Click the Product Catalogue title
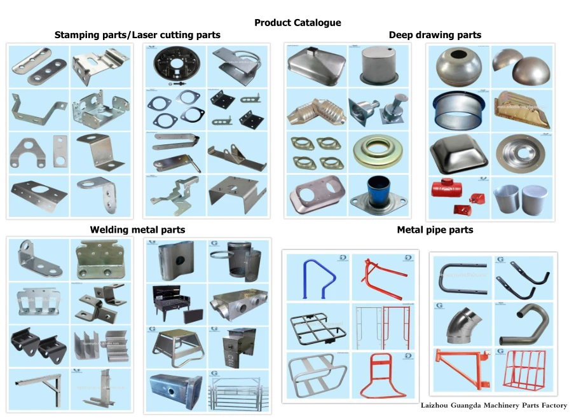[x=297, y=23]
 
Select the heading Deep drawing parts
[x=435, y=35]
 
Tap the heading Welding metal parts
[x=137, y=230]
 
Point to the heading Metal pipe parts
[x=435, y=230]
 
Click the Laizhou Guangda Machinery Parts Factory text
[x=493, y=405]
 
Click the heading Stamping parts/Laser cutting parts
[x=137, y=35]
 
